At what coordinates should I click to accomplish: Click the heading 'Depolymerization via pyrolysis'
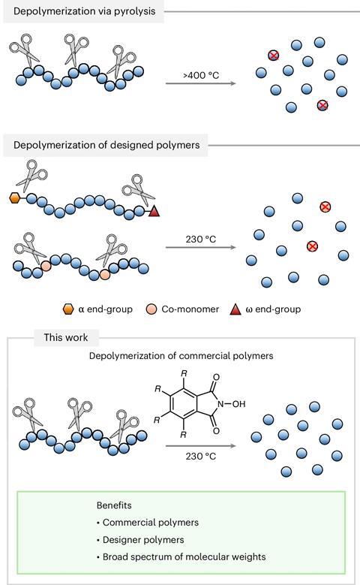[x=84, y=11]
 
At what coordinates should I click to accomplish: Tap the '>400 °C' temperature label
[x=201, y=75]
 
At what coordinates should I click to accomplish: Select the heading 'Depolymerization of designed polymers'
[x=106, y=145]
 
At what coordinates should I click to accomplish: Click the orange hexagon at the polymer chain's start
[x=14, y=198]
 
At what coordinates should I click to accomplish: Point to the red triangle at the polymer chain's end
[x=154, y=211]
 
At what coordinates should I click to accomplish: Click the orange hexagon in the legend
[x=68, y=309]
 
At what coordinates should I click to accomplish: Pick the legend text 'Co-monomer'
[x=190, y=309]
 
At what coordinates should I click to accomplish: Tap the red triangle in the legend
[x=235, y=309]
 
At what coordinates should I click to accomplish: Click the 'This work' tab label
[x=66, y=337]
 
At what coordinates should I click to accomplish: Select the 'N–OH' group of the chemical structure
[x=232, y=404]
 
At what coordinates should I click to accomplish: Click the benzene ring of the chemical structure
[x=183, y=404]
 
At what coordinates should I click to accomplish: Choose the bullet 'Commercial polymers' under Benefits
[x=148, y=523]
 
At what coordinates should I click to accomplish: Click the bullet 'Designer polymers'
[x=140, y=539]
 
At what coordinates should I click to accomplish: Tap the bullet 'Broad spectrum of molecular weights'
[x=181, y=556]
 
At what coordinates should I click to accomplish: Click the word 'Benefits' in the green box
[x=114, y=505]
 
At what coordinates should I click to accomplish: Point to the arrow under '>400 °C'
[x=201, y=83]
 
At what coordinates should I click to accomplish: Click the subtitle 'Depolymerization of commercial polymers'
[x=181, y=355]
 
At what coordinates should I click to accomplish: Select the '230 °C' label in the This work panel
[x=201, y=456]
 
